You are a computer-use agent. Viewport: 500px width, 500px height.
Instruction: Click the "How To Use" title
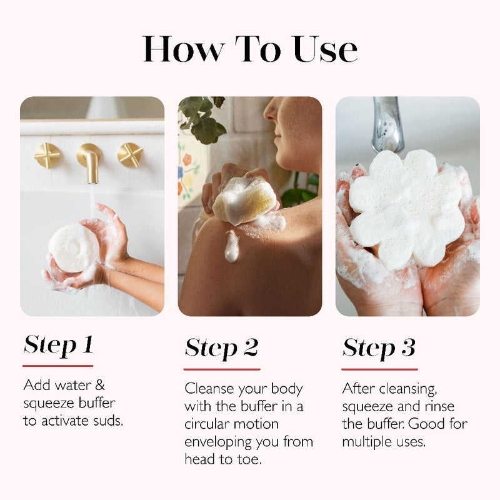250,49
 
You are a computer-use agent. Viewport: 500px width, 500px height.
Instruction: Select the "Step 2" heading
221,348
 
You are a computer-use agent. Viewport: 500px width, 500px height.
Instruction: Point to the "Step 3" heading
379,348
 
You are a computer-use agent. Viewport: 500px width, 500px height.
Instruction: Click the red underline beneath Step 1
58,366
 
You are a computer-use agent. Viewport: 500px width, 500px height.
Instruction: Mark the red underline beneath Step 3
379,369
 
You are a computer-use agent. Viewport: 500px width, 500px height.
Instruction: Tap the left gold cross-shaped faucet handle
47,155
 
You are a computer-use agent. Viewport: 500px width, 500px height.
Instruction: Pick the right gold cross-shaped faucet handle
131,155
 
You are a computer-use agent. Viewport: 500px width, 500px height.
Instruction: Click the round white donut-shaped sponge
74,248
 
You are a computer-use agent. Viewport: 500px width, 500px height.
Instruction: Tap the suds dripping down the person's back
232,247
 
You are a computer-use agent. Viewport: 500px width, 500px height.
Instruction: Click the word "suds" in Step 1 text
107,421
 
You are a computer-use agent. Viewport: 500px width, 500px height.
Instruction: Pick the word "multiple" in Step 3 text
366,441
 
